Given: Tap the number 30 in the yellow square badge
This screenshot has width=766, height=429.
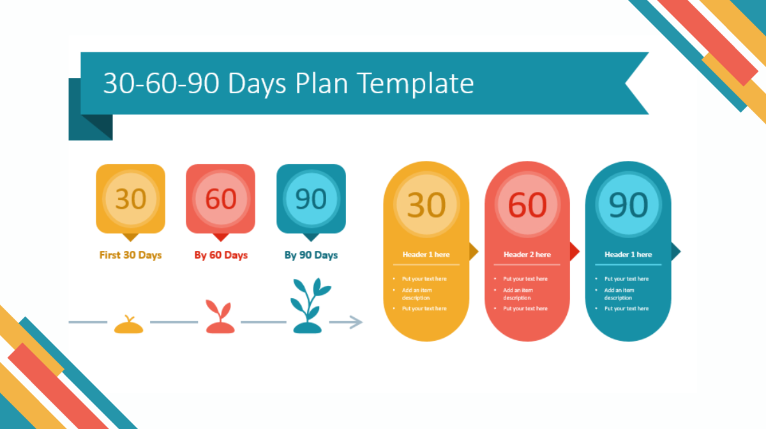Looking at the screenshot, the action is (x=131, y=199).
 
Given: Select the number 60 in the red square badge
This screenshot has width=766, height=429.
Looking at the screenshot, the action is (x=221, y=199).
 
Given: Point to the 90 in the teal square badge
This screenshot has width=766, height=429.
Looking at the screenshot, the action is (x=311, y=199).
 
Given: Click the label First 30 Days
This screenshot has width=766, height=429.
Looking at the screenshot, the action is (x=130, y=255).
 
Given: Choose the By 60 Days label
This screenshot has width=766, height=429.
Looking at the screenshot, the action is (x=221, y=255).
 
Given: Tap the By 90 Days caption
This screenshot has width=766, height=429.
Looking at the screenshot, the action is (x=311, y=255).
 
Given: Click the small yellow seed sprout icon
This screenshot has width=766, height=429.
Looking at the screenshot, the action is (x=128, y=324).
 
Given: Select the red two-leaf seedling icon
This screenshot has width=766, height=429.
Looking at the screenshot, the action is (x=220, y=317).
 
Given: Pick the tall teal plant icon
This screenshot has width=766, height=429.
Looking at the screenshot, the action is (x=310, y=306).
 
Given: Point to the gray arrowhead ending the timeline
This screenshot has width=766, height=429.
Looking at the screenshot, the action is (x=356, y=322).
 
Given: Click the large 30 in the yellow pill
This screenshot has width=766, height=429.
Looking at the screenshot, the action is (x=426, y=205).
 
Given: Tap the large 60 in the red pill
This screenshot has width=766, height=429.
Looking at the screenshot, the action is (x=527, y=205).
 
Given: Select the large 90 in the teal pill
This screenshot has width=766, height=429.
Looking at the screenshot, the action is (x=628, y=205).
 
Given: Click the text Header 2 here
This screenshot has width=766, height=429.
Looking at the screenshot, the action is (x=527, y=255).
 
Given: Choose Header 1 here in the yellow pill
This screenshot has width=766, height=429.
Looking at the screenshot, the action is (x=426, y=255).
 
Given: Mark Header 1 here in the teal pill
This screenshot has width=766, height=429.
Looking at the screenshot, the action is (x=628, y=255).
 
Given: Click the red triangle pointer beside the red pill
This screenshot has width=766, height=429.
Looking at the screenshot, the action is (x=575, y=252).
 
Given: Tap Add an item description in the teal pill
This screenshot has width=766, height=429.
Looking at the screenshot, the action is (x=619, y=294).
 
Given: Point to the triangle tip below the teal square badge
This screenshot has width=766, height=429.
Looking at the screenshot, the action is (x=311, y=241).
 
